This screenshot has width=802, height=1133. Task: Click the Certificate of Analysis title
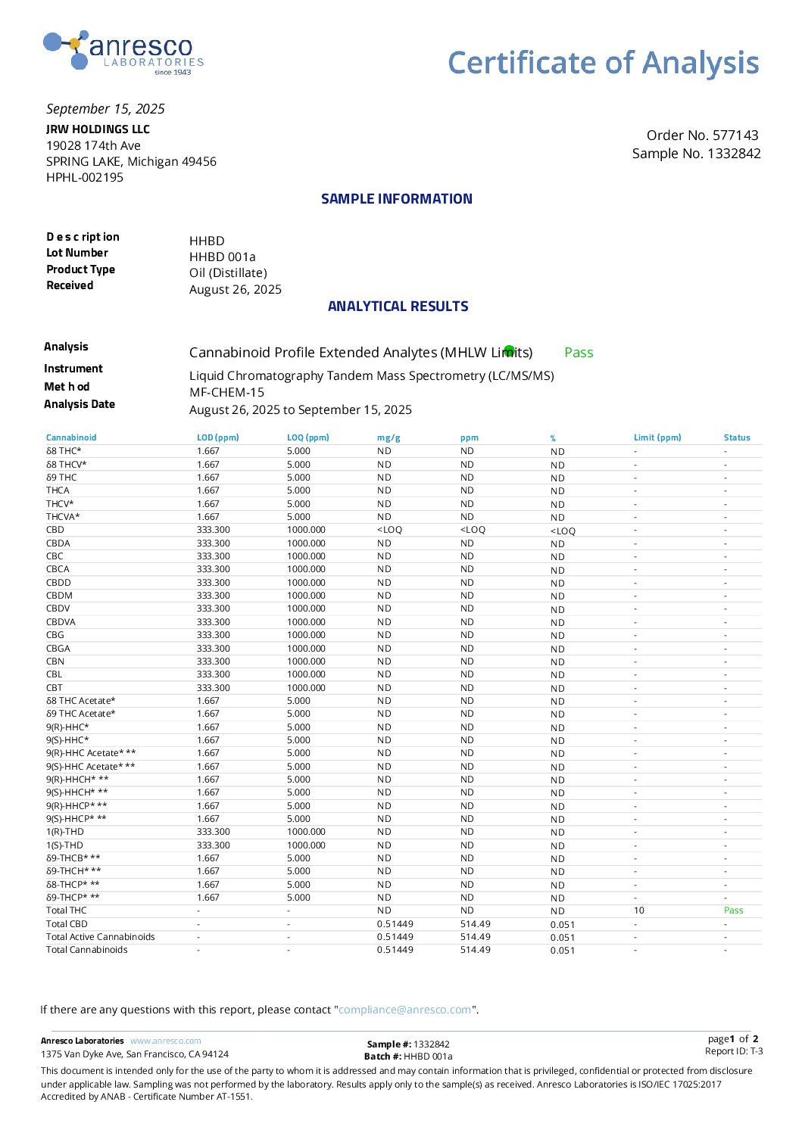[603, 63]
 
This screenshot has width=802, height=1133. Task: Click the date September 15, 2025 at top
[105, 109]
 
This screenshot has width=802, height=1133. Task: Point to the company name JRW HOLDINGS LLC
[98, 129]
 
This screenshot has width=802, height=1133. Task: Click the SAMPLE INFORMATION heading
[396, 199]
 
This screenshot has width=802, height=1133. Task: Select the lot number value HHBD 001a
[222, 257]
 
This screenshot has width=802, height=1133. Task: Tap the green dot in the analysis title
[509, 350]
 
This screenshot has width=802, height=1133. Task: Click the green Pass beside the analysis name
[579, 353]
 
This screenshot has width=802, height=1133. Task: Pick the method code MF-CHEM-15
[226, 392]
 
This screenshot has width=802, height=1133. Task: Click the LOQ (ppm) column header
[307, 437]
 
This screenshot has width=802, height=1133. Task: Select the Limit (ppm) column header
[657, 437]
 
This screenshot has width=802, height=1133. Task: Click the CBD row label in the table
[55, 530]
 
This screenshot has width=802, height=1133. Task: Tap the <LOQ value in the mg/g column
[389, 530]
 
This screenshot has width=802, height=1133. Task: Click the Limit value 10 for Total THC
[638, 910]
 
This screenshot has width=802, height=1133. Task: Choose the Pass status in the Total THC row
[733, 910]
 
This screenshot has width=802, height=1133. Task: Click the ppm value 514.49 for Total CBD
[475, 924]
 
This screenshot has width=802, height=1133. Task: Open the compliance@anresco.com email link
[404, 1010]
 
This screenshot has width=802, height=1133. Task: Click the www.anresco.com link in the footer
[165, 1041]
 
